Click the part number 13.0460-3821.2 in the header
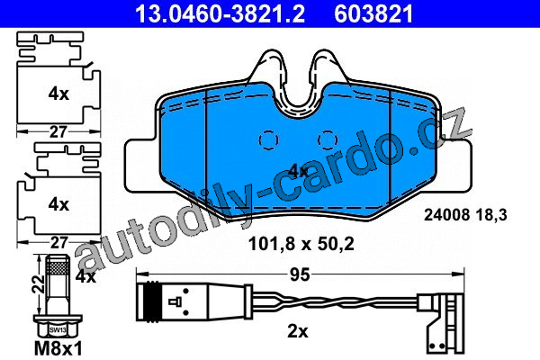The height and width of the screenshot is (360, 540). [x=220, y=13]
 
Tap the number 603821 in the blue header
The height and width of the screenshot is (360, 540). [x=373, y=13]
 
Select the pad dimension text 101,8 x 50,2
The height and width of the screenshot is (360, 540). [x=301, y=244]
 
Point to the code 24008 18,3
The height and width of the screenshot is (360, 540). [x=465, y=215]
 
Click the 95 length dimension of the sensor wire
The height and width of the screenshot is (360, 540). [x=300, y=274]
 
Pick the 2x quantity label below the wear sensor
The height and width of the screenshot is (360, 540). [x=298, y=332]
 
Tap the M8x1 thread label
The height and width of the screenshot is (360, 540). [x=58, y=348]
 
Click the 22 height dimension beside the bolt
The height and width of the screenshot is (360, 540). [x=38, y=283]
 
